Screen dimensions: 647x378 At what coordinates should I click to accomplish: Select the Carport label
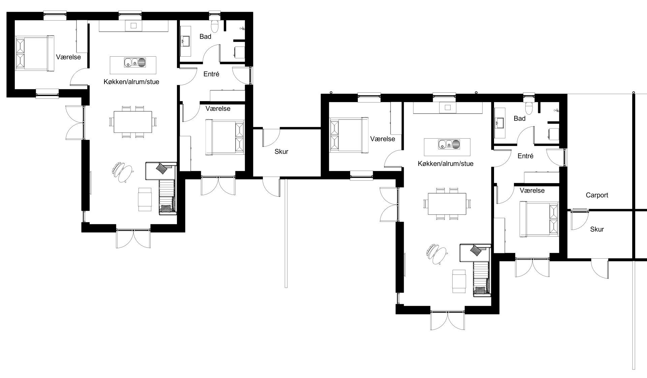597,195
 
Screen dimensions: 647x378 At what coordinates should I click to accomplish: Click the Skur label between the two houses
281,152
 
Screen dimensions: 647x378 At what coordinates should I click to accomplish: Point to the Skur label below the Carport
597,229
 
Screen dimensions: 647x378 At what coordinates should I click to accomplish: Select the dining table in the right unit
447,204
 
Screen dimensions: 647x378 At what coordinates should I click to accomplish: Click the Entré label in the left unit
211,74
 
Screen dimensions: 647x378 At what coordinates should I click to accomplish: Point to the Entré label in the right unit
525,156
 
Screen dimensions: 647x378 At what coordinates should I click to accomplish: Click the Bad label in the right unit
520,118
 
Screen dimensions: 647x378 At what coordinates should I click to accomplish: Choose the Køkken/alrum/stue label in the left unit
131,82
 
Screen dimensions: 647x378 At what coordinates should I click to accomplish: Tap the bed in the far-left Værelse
35,53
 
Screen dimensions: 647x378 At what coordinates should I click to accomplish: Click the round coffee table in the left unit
126,173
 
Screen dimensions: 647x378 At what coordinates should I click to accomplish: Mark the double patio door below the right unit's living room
448,320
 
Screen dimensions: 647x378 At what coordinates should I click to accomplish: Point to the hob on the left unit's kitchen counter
133,26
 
